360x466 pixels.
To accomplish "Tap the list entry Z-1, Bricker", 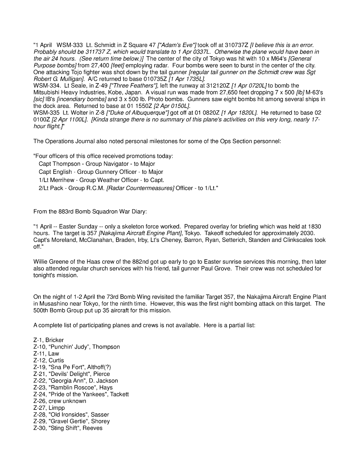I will click(49, 340).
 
